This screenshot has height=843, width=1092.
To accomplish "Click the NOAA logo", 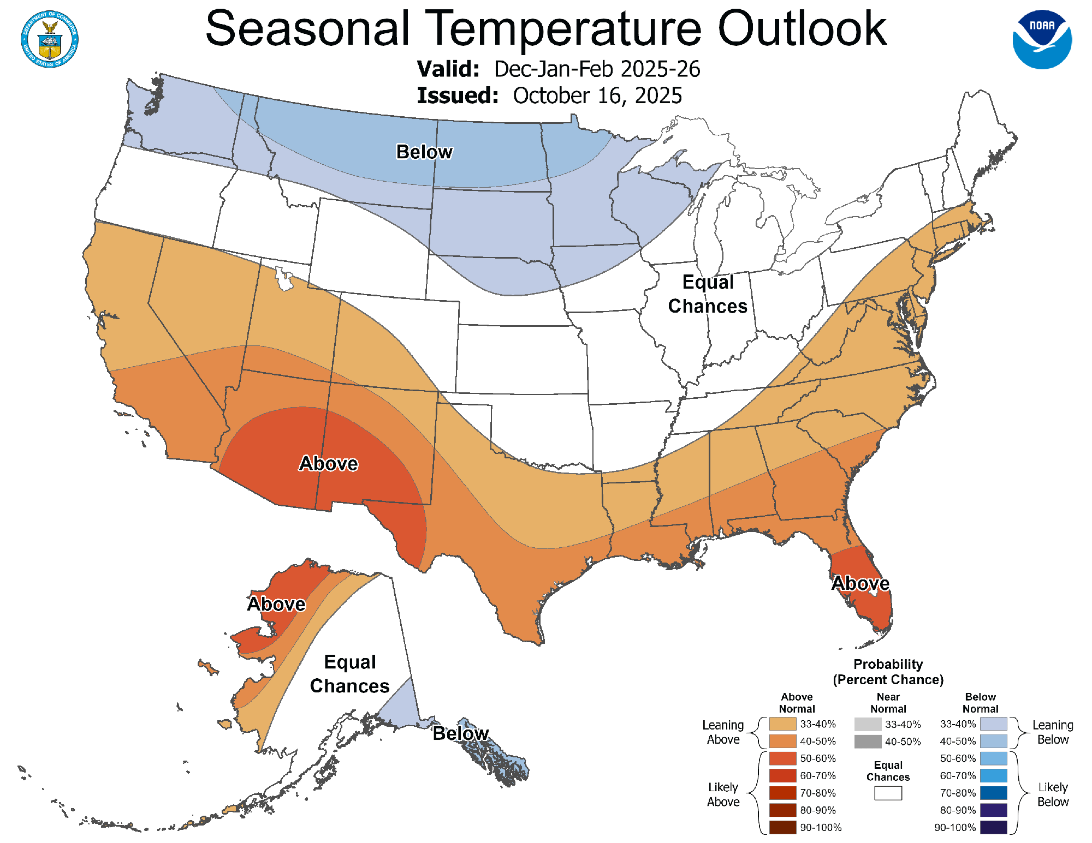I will (x=1042, y=39).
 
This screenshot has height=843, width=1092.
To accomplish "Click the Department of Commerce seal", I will (x=50, y=39).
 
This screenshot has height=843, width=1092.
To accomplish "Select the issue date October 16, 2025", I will (x=597, y=95).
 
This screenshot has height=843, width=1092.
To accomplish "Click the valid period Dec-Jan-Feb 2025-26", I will (x=597, y=69).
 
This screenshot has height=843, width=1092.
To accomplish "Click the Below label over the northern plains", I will (x=424, y=152).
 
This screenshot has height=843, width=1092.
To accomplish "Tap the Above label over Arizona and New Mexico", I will (x=328, y=463).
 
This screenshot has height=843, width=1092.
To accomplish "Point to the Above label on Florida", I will (x=860, y=583).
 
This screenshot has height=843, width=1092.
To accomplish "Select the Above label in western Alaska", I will (x=276, y=604).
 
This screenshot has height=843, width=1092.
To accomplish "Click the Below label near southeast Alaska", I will (x=460, y=733).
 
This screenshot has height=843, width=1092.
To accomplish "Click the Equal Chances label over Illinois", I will (x=708, y=294).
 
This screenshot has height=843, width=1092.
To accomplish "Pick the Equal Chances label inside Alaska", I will (x=349, y=674).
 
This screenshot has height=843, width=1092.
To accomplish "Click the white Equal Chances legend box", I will (x=888, y=793).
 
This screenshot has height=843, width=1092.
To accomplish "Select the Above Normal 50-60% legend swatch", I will (x=782, y=758).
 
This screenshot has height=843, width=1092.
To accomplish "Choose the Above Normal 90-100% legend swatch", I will (x=782, y=827).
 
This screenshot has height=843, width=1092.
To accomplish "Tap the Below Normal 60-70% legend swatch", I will (x=993, y=775).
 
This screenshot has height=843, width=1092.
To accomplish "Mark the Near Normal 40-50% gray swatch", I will (x=868, y=742).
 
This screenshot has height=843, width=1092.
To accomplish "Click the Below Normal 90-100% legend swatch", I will (x=993, y=827).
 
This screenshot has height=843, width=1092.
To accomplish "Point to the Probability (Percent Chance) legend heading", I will (x=888, y=672).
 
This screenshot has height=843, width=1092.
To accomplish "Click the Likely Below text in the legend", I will (x=1052, y=794).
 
